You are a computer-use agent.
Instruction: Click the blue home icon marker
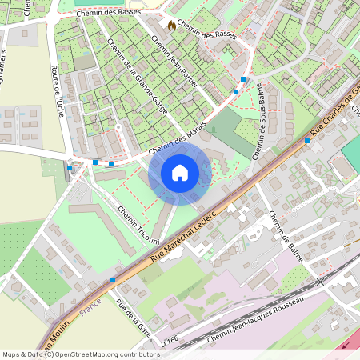(180, 172)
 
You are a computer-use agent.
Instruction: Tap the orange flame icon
(170, 26)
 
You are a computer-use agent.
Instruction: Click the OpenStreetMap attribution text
(80, 354)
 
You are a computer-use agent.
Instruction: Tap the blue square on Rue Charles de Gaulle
(307, 141)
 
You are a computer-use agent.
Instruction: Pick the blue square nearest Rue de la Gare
(113, 280)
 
